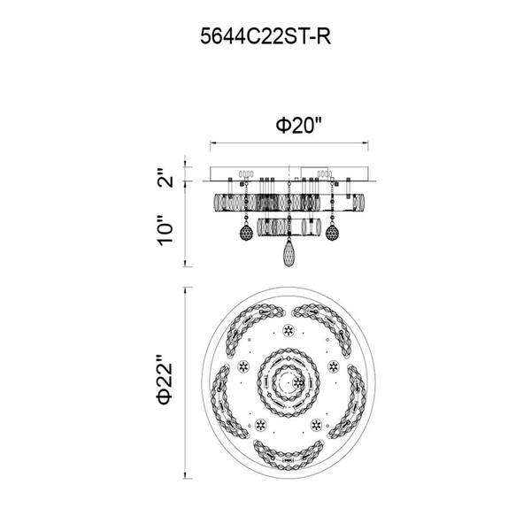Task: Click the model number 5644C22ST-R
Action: click(x=265, y=36)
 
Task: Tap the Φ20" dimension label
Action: click(x=298, y=126)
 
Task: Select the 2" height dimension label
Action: click(x=165, y=178)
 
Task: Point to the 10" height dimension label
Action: click(x=165, y=230)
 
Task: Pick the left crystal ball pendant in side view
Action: click(x=246, y=233)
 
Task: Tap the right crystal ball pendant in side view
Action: click(x=332, y=233)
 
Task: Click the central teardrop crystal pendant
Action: click(x=289, y=253)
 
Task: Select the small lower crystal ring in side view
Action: click(x=289, y=227)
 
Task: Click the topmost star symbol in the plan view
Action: click(x=289, y=330)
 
